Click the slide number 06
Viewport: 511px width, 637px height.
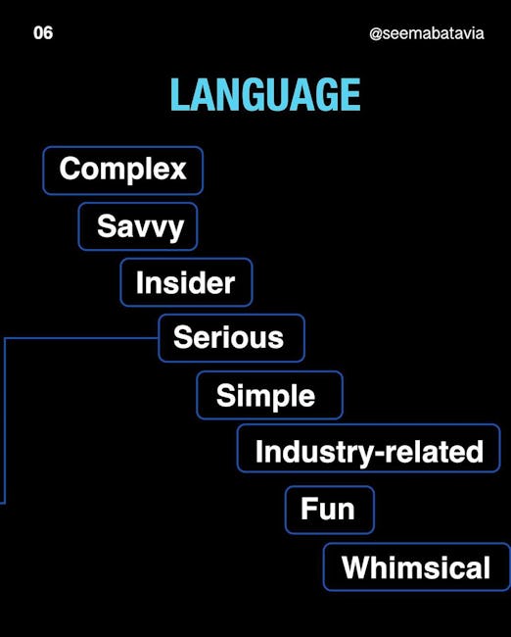43,33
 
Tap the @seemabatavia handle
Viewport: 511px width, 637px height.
427,33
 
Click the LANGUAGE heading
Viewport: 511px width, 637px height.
265,95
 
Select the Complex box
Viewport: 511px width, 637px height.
123,171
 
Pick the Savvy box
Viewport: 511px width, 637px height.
138,226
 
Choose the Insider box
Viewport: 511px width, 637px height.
186,282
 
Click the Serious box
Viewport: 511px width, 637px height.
231,338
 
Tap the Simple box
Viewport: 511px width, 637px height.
270,395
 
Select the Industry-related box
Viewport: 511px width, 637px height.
368,448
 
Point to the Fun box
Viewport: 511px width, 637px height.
330,510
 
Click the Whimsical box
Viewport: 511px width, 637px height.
417,566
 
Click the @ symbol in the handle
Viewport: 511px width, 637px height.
376,34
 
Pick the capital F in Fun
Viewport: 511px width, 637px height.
308,508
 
